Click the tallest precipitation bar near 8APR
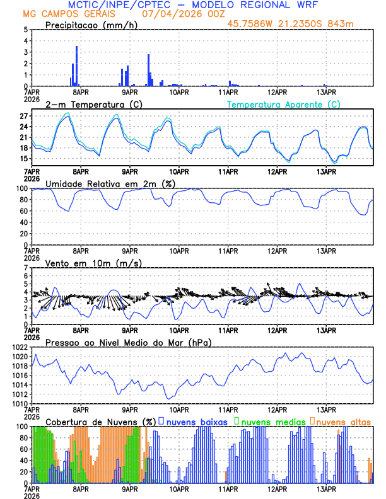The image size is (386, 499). click(77, 66)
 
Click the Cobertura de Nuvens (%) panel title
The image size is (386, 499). click(100, 422)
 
